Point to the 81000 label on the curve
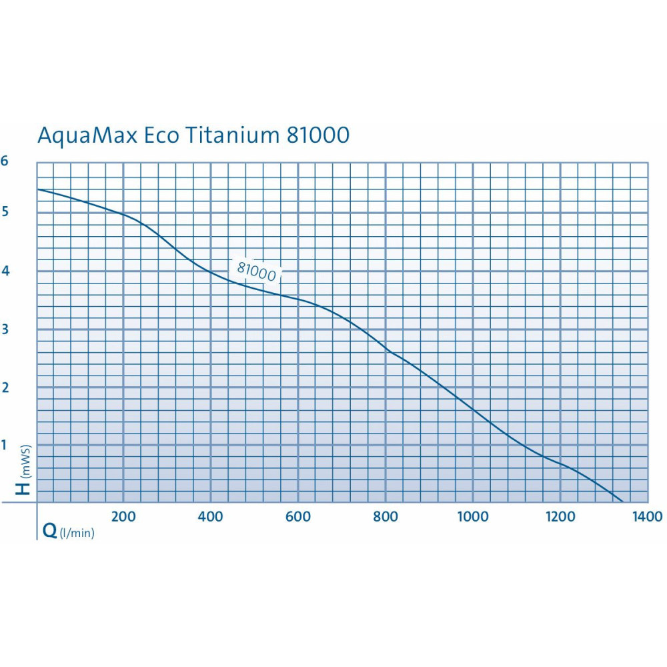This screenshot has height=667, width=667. (257, 270)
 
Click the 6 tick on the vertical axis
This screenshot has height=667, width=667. (5, 161)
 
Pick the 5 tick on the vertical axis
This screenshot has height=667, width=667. (5, 212)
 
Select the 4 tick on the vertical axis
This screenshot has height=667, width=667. (5, 270)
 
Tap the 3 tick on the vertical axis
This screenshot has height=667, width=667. (5, 328)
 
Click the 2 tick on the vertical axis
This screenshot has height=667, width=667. (5, 387)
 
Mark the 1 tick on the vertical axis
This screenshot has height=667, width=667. (5, 444)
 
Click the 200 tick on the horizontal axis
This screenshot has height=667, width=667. (123, 516)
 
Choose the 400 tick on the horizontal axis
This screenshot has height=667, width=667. (210, 516)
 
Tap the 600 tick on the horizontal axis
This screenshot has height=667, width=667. (297, 516)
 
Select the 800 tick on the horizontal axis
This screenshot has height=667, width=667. (385, 516)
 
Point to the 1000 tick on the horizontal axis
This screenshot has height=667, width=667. (472, 516)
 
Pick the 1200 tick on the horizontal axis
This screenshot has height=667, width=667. (560, 516)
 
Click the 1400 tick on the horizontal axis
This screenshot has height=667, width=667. (647, 516)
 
